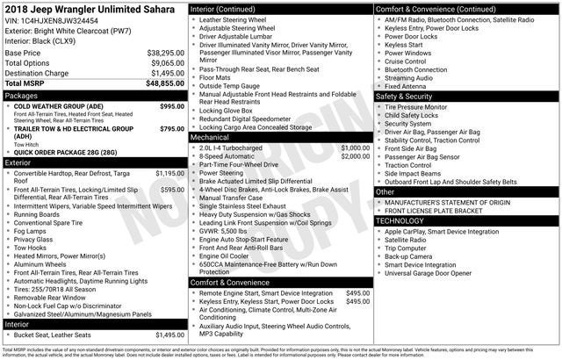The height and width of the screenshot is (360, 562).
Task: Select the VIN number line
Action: (52, 19)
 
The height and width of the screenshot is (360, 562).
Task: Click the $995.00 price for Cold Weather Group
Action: (171, 106)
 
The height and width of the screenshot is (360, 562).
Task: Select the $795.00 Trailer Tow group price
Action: (171, 129)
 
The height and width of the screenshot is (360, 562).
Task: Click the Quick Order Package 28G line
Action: (65, 152)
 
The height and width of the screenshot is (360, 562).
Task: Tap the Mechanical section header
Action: (210, 138)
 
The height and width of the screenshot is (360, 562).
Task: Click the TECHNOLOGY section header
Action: (400, 220)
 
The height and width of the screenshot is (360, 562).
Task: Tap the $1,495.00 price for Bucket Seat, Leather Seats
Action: (169, 335)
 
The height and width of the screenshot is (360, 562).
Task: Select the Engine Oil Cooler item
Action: (230, 256)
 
